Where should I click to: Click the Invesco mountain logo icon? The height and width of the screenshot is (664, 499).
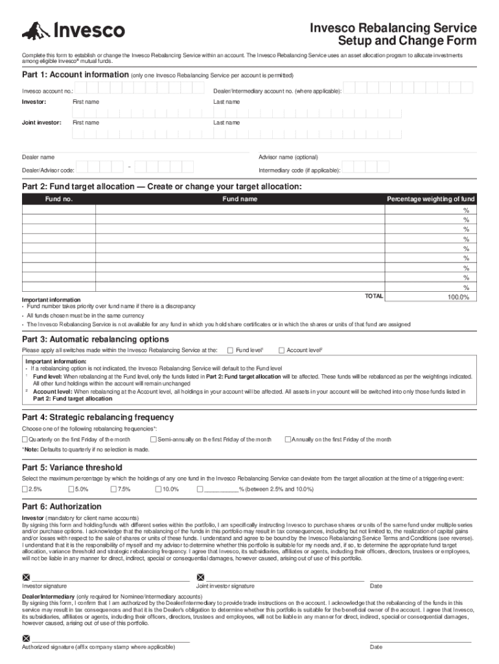[x=35, y=30]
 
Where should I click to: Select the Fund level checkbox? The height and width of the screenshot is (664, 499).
[x=231, y=350]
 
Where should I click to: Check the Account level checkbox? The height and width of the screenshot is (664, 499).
[x=281, y=350]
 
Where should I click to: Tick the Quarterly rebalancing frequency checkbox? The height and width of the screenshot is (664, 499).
[x=25, y=440]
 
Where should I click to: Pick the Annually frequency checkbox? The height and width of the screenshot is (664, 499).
[x=288, y=440]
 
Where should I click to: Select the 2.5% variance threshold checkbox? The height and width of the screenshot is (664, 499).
[x=25, y=489]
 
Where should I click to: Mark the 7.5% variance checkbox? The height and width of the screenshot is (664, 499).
[x=113, y=489]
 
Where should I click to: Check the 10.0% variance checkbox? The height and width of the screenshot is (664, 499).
[x=157, y=489]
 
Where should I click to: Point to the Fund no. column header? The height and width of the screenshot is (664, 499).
[x=58, y=199]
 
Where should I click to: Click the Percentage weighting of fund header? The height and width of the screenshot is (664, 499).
[x=430, y=199]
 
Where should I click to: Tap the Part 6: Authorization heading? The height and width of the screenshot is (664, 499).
[x=62, y=506]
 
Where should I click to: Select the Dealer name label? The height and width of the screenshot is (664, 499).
[x=38, y=157]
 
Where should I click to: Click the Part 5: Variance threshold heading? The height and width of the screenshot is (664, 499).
[x=72, y=467]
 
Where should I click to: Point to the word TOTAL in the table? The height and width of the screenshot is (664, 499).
[x=374, y=296]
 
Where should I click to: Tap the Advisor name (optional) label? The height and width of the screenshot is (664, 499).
[x=288, y=157]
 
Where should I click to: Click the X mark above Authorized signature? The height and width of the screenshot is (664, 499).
[x=26, y=638]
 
